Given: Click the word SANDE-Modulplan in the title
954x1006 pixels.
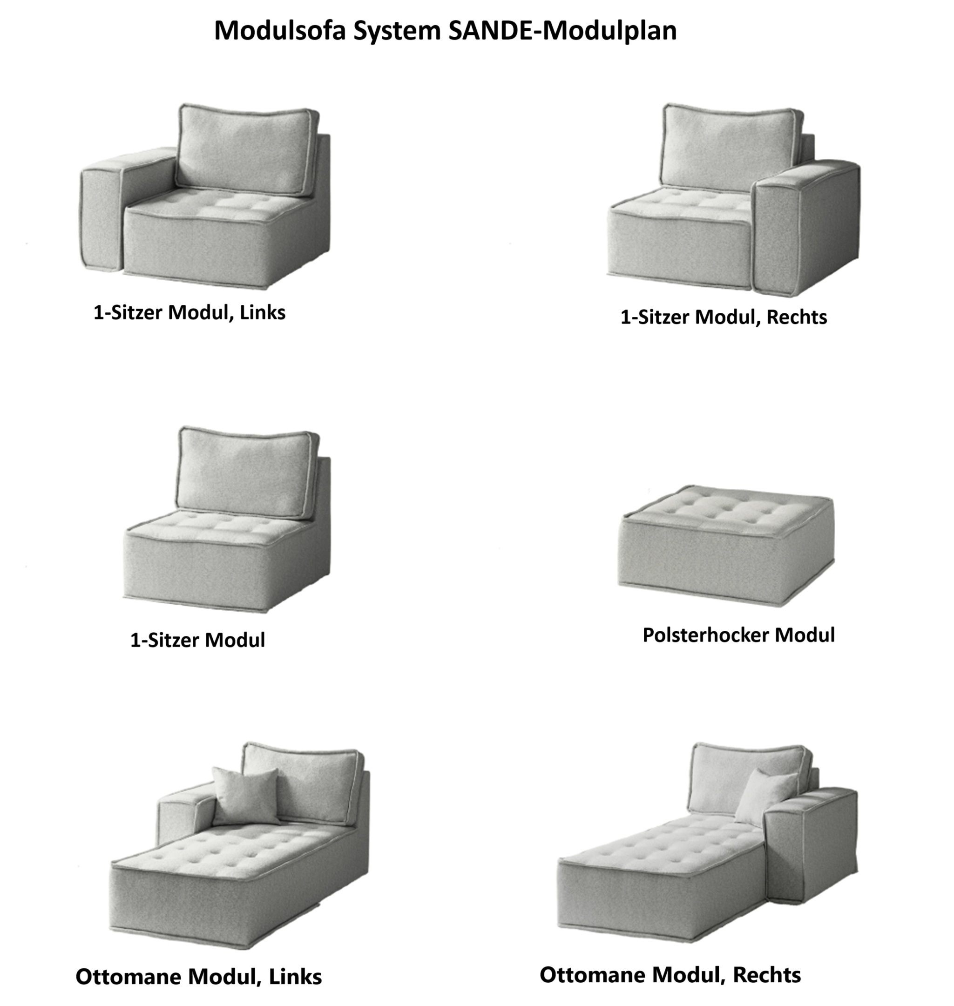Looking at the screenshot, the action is [562, 31].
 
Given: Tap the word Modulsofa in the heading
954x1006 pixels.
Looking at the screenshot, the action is [280, 31].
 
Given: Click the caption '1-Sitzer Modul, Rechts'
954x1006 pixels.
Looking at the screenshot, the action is [724, 317].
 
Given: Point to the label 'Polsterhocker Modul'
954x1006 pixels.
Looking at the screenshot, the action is [738, 635].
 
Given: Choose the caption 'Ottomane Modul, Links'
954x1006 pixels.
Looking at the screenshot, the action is [199, 977].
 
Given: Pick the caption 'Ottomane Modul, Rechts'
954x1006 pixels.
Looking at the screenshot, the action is [670, 974].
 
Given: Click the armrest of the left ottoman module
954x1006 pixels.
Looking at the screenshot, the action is [186, 813].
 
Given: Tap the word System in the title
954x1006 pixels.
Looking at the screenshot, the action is [397, 31].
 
